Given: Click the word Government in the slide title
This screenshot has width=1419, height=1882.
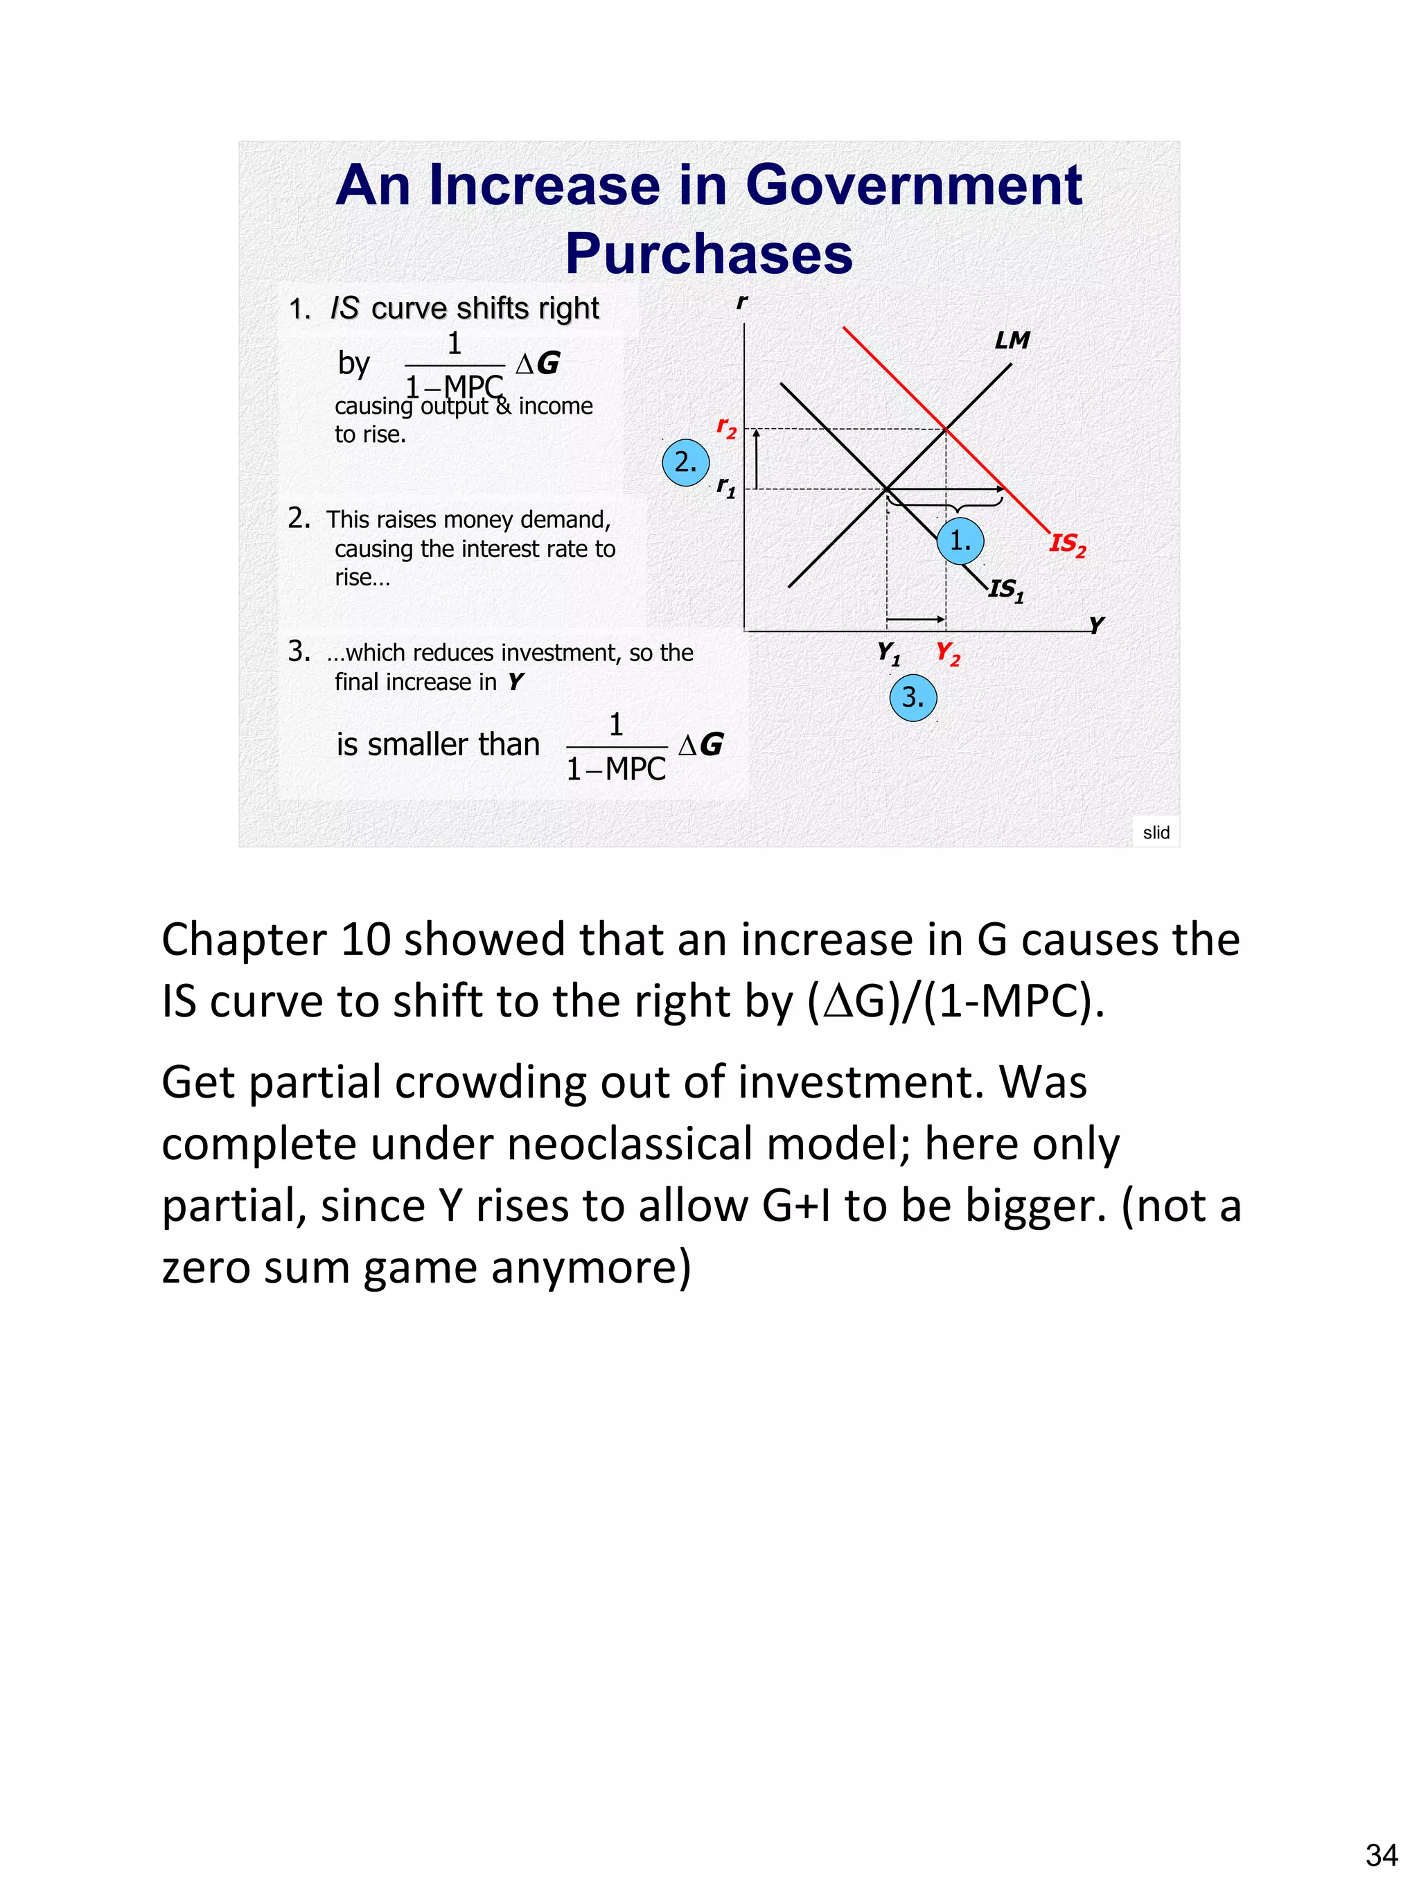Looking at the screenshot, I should [914, 186].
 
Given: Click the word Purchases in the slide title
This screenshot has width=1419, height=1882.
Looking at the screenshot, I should [709, 254].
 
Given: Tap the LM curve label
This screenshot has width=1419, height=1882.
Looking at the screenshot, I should [1012, 340].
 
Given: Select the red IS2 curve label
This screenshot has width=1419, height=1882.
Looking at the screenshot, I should [1068, 545].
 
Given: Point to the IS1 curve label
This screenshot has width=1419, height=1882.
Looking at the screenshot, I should [1007, 590].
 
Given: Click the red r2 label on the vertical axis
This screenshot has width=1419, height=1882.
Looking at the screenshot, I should [725, 426].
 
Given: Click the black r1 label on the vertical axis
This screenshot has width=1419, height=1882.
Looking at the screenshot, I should [725, 486].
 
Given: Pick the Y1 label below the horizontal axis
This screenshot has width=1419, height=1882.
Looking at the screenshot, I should [888, 653].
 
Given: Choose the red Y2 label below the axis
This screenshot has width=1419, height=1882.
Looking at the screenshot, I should [948, 653].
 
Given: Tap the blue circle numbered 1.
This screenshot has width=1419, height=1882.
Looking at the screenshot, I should [960, 540].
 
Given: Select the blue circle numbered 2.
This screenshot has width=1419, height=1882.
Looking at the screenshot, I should [686, 463].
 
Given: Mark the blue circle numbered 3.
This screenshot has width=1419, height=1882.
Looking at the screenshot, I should [913, 698].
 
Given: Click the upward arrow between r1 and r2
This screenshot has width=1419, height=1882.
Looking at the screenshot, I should [757, 459].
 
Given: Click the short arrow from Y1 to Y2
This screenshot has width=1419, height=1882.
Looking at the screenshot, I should [915, 619].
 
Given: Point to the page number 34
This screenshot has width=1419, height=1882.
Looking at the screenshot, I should [1381, 1855].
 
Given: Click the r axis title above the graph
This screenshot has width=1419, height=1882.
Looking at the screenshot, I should [742, 302].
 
